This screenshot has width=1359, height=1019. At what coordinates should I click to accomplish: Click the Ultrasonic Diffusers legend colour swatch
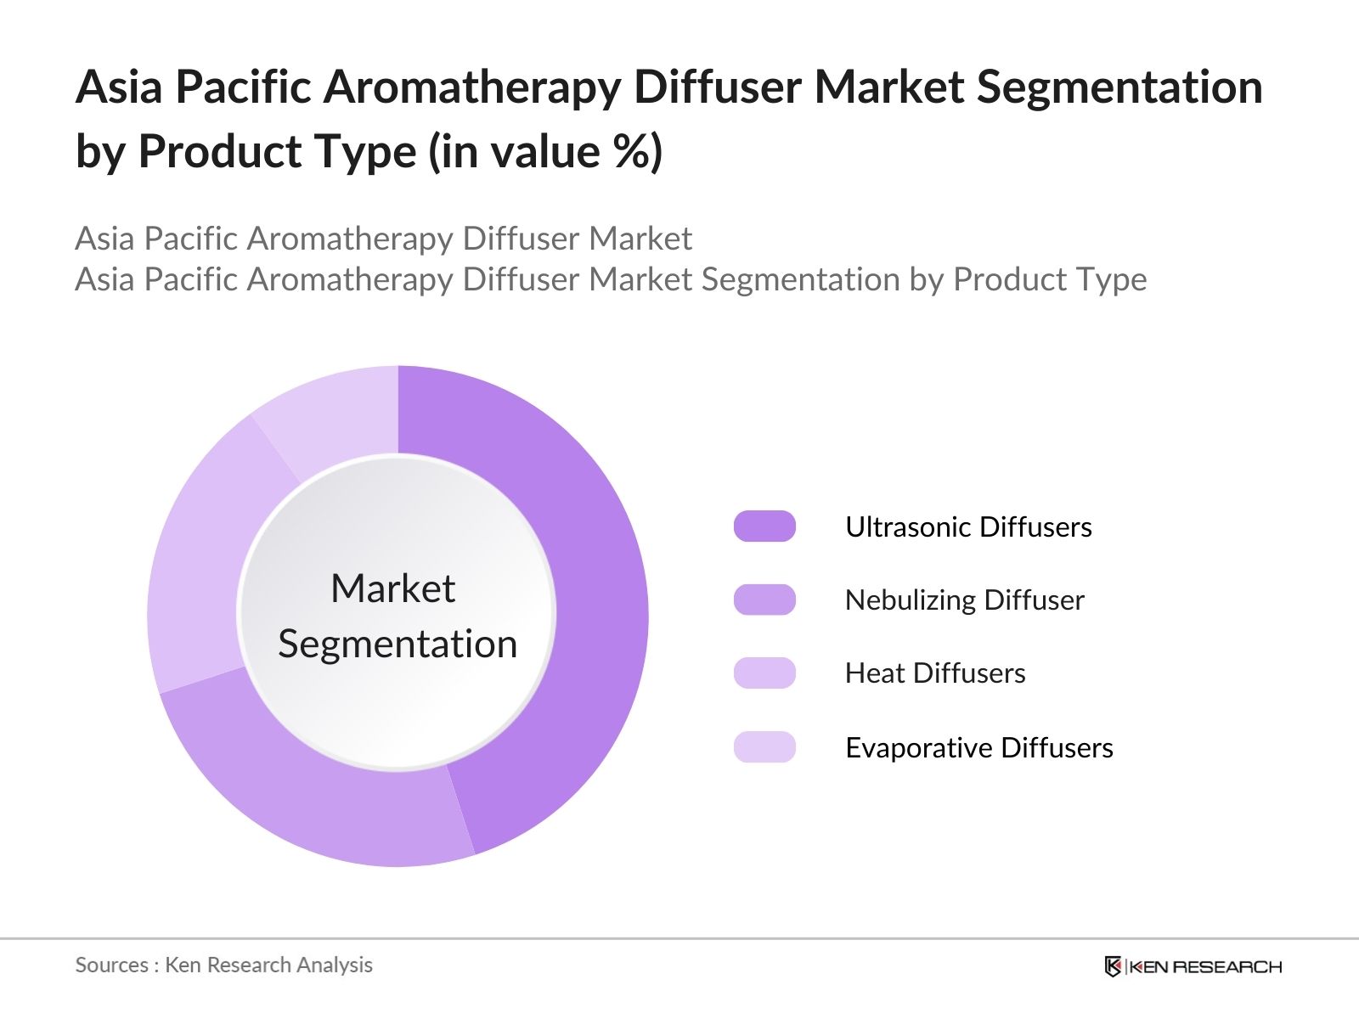[764, 526]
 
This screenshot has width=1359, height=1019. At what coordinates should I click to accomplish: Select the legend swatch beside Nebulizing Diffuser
[764, 600]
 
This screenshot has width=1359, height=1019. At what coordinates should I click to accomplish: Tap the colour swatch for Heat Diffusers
[764, 673]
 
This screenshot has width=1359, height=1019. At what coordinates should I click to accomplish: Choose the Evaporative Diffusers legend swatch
[764, 747]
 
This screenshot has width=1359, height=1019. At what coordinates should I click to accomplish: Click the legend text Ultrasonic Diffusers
[968, 527]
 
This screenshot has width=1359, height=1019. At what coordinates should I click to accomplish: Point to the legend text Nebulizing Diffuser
[964, 600]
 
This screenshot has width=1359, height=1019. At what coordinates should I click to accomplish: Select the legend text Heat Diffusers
[935, 673]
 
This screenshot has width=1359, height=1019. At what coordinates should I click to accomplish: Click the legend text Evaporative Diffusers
[979, 748]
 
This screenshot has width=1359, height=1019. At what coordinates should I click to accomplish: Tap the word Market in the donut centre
[392, 588]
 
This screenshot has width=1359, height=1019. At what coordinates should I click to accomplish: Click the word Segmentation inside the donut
[398, 644]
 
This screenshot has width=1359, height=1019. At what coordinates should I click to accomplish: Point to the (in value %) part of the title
[545, 153]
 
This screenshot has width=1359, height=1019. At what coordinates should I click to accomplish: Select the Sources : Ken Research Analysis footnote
[223, 966]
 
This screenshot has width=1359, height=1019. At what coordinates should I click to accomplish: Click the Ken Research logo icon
[1113, 966]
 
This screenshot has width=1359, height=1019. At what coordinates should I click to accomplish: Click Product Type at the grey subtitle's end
[1050, 279]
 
